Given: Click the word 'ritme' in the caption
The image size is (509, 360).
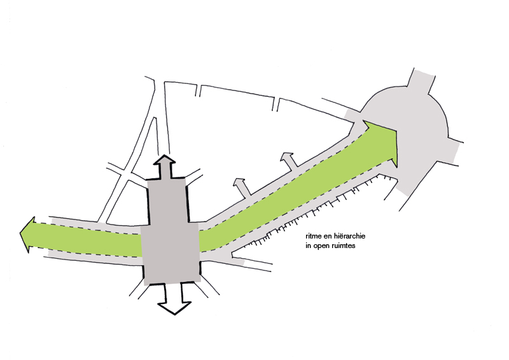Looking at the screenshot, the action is click(312, 236).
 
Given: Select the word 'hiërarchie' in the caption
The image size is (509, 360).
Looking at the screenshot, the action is click(352, 236).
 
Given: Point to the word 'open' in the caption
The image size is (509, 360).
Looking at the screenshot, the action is click(322, 246).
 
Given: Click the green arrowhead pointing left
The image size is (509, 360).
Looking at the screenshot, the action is click(27, 234).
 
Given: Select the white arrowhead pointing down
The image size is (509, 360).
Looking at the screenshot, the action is click(174, 308).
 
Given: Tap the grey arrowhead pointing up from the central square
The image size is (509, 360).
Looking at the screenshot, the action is click(165, 159).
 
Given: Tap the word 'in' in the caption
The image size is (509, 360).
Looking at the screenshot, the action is click(308, 246).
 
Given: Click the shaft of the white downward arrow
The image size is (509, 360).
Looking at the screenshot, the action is click(174, 293).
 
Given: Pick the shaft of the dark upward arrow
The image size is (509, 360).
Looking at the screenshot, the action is click(165, 171).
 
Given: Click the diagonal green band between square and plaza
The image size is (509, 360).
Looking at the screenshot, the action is click(292, 191).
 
